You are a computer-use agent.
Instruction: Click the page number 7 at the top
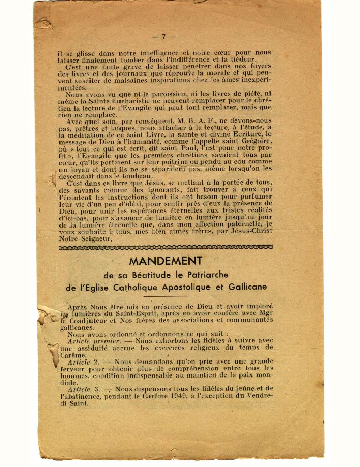[x=163, y=37]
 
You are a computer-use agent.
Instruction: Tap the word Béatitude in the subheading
[x=153, y=275]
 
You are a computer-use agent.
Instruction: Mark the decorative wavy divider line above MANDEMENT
[x=166, y=248]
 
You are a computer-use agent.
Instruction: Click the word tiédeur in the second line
[x=241, y=59]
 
